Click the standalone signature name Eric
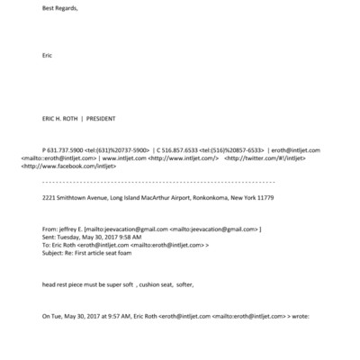pyautogui.click(x=48, y=55)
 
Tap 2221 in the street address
pyautogui.click(x=50, y=196)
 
